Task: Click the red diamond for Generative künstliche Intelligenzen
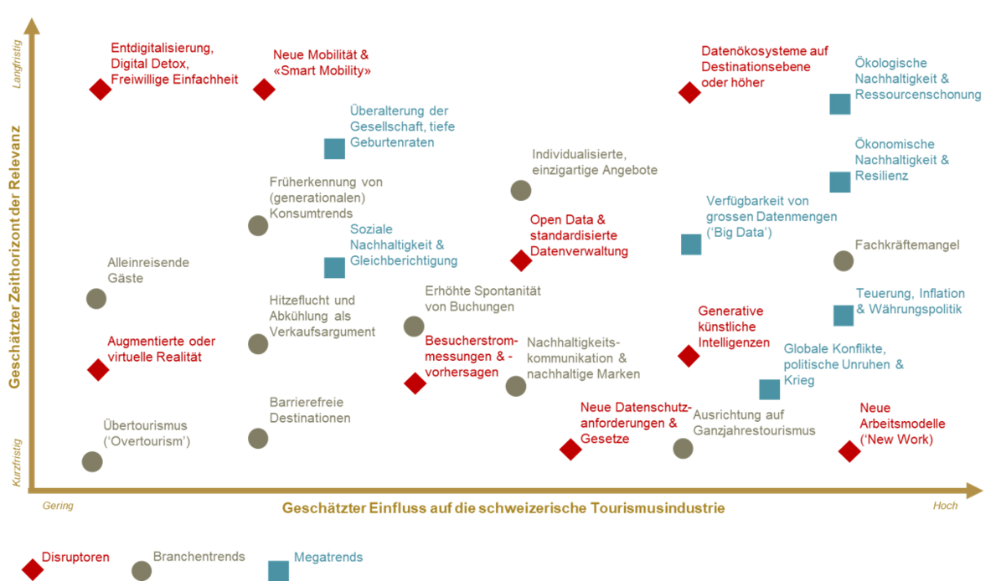[x=689, y=356]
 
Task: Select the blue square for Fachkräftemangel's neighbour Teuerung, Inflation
[x=844, y=315]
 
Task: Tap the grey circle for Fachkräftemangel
[x=844, y=261]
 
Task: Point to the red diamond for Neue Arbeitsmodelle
[x=849, y=451]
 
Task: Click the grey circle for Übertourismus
[x=92, y=462]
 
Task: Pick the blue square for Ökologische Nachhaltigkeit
[x=840, y=104]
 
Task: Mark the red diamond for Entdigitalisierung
[x=100, y=90]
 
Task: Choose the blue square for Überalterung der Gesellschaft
[x=334, y=148]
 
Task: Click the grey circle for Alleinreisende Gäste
[x=96, y=299]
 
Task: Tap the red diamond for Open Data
[x=521, y=260]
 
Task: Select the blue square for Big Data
[x=691, y=244]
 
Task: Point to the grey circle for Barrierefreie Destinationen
[x=258, y=439]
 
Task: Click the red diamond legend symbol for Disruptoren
[x=33, y=569]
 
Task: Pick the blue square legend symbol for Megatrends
[x=278, y=571]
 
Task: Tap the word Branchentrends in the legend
[x=199, y=557]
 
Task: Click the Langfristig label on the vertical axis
[x=17, y=64]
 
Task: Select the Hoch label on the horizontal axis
[x=945, y=506]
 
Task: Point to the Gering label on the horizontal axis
[x=58, y=506]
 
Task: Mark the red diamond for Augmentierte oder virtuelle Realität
[x=98, y=370]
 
